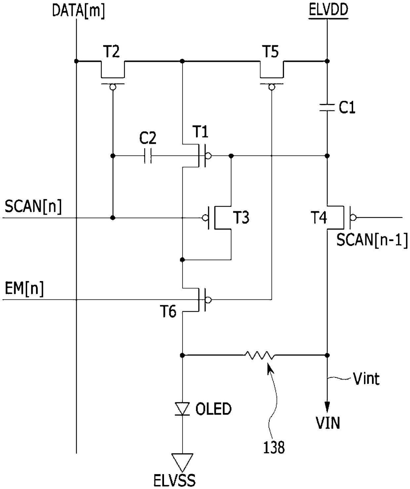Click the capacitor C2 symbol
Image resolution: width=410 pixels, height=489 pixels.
[148, 156]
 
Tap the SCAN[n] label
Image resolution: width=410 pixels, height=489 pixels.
[33, 207]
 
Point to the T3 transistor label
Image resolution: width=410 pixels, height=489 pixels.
[242, 217]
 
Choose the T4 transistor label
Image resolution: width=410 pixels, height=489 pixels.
[319, 217]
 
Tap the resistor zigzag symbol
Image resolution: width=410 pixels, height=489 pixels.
[260, 355]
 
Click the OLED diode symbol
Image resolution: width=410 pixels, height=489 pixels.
[182, 410]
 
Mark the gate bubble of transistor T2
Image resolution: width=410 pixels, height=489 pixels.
[113, 87]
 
